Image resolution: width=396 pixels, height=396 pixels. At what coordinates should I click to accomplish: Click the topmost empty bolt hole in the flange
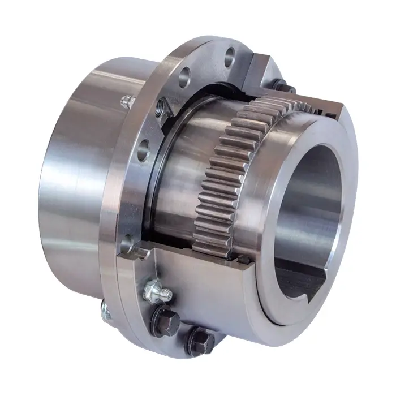(230, 55)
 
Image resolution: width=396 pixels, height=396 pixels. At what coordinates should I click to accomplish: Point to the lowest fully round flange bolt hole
(143, 149)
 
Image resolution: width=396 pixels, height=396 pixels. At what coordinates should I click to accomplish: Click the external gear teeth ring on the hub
(226, 170)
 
